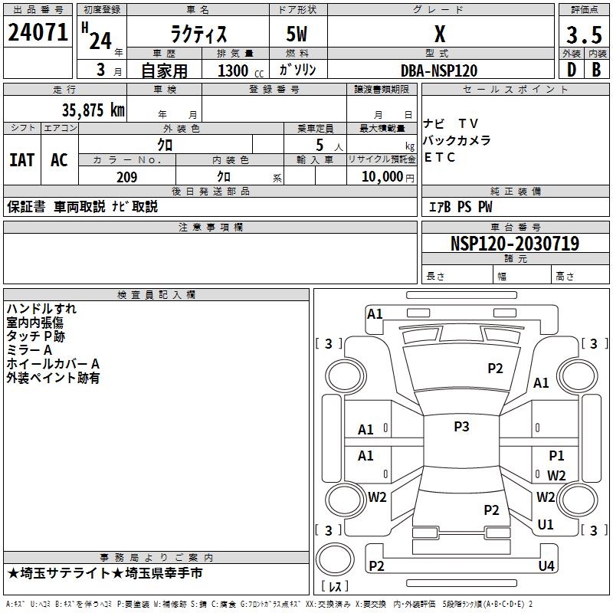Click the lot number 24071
tap(38, 33)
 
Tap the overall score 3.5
tap(583, 35)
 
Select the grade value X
tap(440, 34)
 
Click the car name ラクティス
tap(198, 35)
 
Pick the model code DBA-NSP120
tap(439, 70)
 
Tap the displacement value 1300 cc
tap(238, 70)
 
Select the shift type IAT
tap(22, 160)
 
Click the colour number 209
tap(126, 177)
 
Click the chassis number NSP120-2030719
tap(514, 244)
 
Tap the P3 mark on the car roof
tap(461, 427)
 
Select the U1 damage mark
tap(546, 525)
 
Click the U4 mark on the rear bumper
tap(546, 566)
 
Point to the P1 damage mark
tap(556, 456)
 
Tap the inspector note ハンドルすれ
tap(41, 309)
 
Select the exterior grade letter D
tap(571, 70)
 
